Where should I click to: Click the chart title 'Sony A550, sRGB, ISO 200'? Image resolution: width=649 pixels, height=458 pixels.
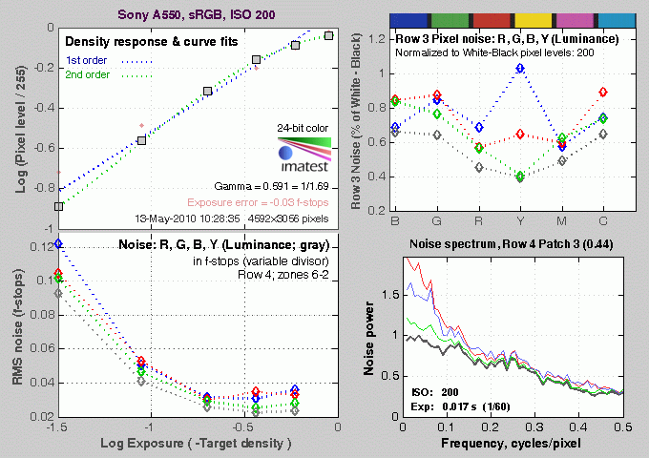click(198, 14)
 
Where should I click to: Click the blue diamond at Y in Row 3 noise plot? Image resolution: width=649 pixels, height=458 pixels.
click(520, 69)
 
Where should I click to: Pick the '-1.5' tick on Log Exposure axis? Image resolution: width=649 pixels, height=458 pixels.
click(58, 428)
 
